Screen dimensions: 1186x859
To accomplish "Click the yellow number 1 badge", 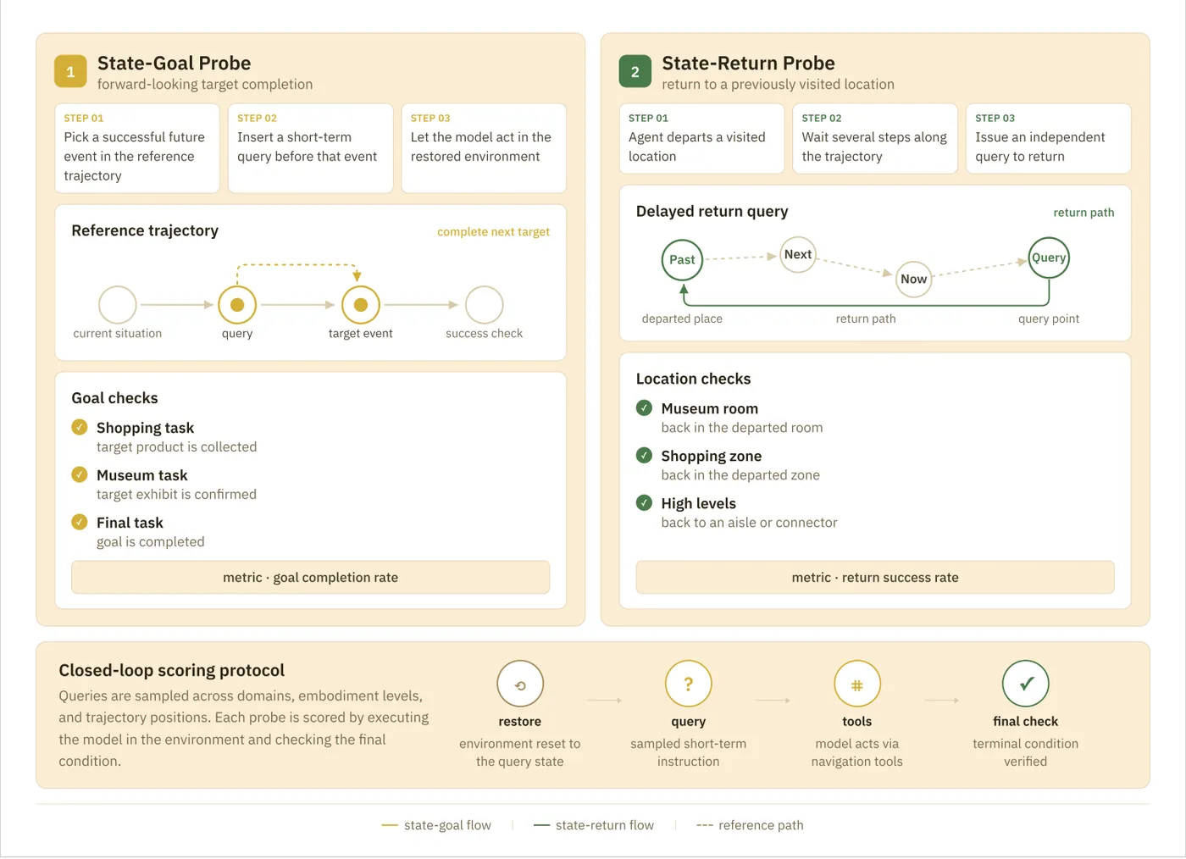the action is pos(70,71).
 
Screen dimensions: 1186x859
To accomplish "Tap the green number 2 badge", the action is pos(635,71).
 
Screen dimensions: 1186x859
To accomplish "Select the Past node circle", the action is pos(682,259).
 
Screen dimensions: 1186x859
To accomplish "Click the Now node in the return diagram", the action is pos(913,279).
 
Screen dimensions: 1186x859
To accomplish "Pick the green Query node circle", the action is pos(1049,258).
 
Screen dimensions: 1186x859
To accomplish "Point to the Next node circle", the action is pos(798,254).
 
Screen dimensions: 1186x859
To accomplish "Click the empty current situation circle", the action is pos(118,304).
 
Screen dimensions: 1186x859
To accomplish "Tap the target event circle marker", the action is pos(361,304).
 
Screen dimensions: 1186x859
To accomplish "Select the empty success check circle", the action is pos(484,304).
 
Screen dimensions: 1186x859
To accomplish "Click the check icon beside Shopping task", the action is pos(80,427).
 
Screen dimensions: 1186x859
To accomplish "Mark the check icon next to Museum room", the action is pos(644,407).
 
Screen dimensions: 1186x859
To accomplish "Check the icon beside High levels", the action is pos(644,502).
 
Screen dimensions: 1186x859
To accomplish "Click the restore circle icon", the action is pos(520,683).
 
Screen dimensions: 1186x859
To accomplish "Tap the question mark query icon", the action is pos(688,683).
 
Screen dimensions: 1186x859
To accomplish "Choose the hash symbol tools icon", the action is pos(857,683).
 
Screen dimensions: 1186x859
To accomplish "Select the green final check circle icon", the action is pos(1026,683).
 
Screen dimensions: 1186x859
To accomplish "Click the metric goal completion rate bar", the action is pos(311,577).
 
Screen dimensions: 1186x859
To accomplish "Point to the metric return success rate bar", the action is pos(875,577).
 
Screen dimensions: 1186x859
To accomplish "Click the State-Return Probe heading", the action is pos(748,63).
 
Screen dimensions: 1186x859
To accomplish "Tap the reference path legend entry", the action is pos(750,825).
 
